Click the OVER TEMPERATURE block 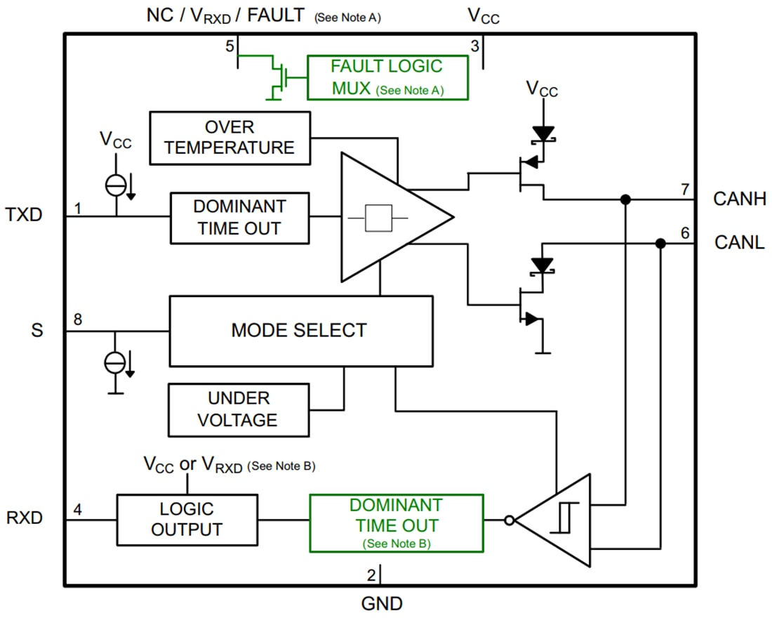click(x=230, y=138)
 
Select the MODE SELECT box click(x=300, y=331)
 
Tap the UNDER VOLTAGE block click(x=239, y=409)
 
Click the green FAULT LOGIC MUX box click(x=387, y=77)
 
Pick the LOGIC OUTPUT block click(x=187, y=520)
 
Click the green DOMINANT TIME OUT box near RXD click(x=397, y=523)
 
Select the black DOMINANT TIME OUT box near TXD click(x=239, y=218)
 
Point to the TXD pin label click(x=24, y=214)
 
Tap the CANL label click(x=738, y=243)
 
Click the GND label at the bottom click(x=382, y=603)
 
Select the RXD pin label click(x=25, y=518)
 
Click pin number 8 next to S click(x=78, y=320)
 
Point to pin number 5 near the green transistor click(x=229, y=46)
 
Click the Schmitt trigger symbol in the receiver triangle click(x=561, y=519)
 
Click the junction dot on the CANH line click(x=625, y=199)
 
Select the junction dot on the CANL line click(x=660, y=243)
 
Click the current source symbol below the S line click(x=115, y=362)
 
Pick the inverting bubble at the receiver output click(x=510, y=520)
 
